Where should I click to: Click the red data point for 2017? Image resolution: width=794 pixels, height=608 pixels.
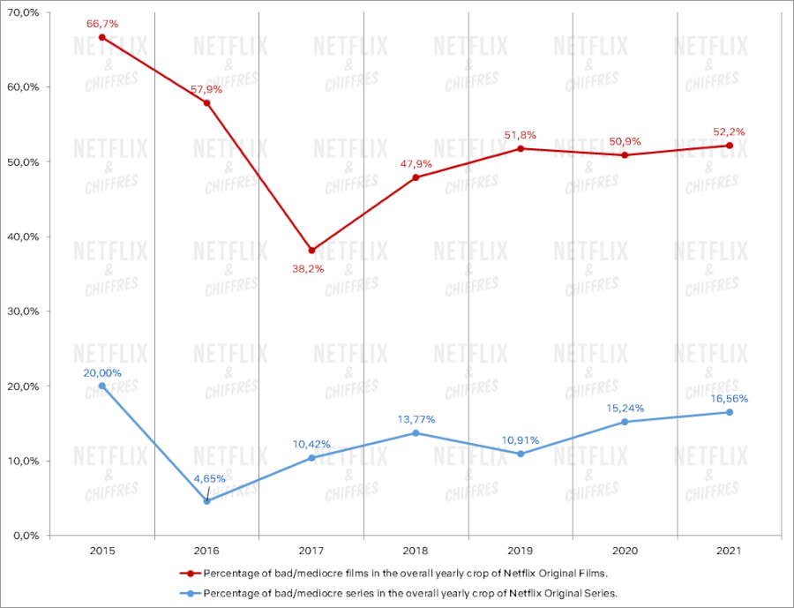click(x=311, y=251)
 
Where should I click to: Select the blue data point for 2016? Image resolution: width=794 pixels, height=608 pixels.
click(x=206, y=500)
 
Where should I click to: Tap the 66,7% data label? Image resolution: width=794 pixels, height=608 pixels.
click(x=102, y=24)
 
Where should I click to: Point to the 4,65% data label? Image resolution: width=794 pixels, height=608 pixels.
click(x=210, y=478)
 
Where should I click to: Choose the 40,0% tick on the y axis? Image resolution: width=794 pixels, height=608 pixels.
click(x=23, y=236)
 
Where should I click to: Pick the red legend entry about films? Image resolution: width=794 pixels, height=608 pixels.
click(x=397, y=573)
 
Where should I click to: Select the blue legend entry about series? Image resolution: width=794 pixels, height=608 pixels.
click(x=397, y=593)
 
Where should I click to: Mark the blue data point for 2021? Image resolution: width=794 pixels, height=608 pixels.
click(x=730, y=412)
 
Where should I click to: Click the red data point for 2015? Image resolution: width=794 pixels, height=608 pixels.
click(x=102, y=37)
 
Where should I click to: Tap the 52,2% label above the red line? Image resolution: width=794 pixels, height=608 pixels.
click(x=730, y=132)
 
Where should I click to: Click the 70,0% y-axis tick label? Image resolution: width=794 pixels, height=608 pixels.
click(x=23, y=12)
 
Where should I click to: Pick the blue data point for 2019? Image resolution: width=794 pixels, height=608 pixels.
click(x=521, y=454)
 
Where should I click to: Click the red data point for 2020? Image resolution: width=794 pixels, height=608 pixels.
click(x=625, y=155)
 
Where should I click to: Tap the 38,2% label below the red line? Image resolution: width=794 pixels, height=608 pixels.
click(x=308, y=267)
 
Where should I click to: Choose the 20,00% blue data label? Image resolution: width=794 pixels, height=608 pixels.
click(x=102, y=372)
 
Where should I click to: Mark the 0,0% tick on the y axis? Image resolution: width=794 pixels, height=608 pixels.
click(x=26, y=535)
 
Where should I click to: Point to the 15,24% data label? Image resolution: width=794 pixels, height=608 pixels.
click(x=626, y=408)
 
